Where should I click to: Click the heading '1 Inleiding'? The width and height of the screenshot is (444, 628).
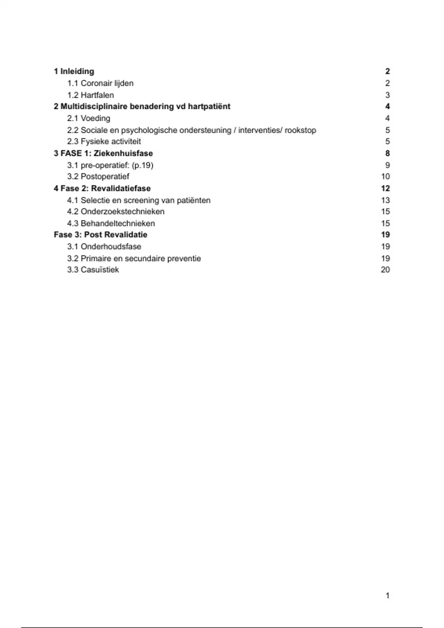[x=74, y=71]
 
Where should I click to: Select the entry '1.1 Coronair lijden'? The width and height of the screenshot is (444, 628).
[x=100, y=83]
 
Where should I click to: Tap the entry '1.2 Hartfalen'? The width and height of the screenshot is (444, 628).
[x=91, y=95]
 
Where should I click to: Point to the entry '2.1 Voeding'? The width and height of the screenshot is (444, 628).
[x=89, y=118]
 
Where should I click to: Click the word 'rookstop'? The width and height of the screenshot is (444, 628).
[x=300, y=130]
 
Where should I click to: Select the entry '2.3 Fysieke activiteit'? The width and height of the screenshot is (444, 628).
[x=104, y=141]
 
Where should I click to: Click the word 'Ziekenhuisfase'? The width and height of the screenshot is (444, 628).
[x=123, y=153]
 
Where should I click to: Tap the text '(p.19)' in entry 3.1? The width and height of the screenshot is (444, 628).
[x=142, y=165]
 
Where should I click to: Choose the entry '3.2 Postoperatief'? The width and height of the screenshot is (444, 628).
[x=98, y=177]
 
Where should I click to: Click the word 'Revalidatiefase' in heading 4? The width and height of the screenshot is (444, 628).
[x=121, y=188]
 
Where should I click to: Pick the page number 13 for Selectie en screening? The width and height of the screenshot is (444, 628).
[x=385, y=200]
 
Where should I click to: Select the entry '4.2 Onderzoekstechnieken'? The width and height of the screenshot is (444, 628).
[x=116, y=212]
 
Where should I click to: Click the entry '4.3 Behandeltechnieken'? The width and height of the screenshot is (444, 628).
[x=111, y=223]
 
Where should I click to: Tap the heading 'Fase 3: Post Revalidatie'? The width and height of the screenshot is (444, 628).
[x=101, y=235]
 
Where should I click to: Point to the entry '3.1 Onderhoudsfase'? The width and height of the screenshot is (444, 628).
[x=104, y=246]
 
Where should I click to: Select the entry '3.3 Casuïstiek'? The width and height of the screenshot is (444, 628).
[x=93, y=270]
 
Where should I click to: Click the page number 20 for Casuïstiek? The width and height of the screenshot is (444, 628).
[x=385, y=270]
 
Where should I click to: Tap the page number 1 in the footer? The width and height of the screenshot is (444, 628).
[x=387, y=595]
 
